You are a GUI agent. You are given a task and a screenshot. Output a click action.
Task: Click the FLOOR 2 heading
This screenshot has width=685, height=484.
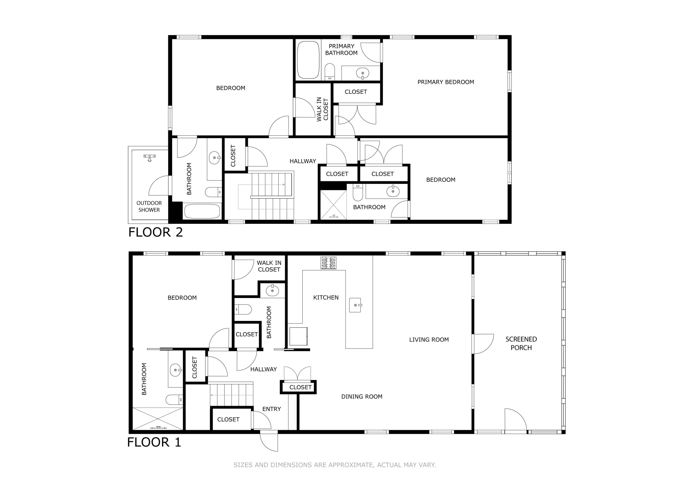(x=155, y=232)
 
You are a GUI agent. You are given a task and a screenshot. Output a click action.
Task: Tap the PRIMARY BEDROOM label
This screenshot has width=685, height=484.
(x=445, y=82)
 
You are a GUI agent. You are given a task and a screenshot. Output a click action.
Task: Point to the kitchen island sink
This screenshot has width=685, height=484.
(x=355, y=305)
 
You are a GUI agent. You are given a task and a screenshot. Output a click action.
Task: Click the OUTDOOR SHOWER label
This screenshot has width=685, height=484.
(x=149, y=206)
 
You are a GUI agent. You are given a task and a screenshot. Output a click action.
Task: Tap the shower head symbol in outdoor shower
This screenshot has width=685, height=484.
(x=150, y=158)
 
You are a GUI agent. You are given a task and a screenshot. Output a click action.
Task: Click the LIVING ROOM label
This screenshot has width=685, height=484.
(x=429, y=339)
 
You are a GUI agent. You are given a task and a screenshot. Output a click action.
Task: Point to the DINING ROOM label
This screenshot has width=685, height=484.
(x=362, y=397)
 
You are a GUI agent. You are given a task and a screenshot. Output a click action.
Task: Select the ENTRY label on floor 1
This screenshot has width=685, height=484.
(x=271, y=409)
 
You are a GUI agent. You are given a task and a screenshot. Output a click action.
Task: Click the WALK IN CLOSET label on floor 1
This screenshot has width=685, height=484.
(x=269, y=266)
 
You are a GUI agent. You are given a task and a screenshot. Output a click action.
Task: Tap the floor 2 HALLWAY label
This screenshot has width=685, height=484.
(x=303, y=161)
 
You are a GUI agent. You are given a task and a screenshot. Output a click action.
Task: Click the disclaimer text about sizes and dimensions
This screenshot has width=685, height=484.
(x=335, y=465)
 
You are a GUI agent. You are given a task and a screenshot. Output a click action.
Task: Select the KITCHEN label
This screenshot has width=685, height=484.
(x=326, y=297)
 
